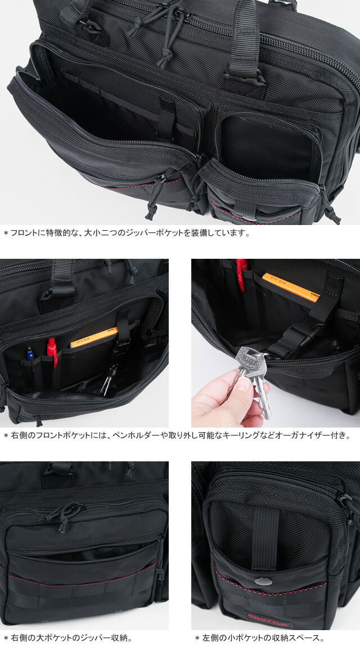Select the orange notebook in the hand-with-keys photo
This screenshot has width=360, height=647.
(290, 287)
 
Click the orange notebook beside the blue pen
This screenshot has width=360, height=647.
(93, 336)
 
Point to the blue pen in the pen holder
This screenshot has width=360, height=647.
(30, 353)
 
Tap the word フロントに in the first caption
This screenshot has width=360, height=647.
(28, 232)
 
